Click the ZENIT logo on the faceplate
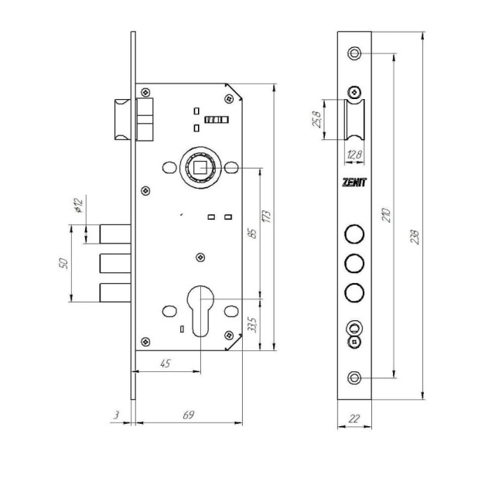click(x=354, y=183)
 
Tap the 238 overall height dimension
click(x=415, y=237)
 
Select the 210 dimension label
click(x=387, y=215)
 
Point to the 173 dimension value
click(x=267, y=217)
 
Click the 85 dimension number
click(x=253, y=234)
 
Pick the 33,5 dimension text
click(x=253, y=324)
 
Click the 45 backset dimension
click(x=166, y=364)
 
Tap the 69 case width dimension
click(x=189, y=415)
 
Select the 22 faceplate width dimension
click(x=354, y=418)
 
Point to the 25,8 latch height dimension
click(x=317, y=119)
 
